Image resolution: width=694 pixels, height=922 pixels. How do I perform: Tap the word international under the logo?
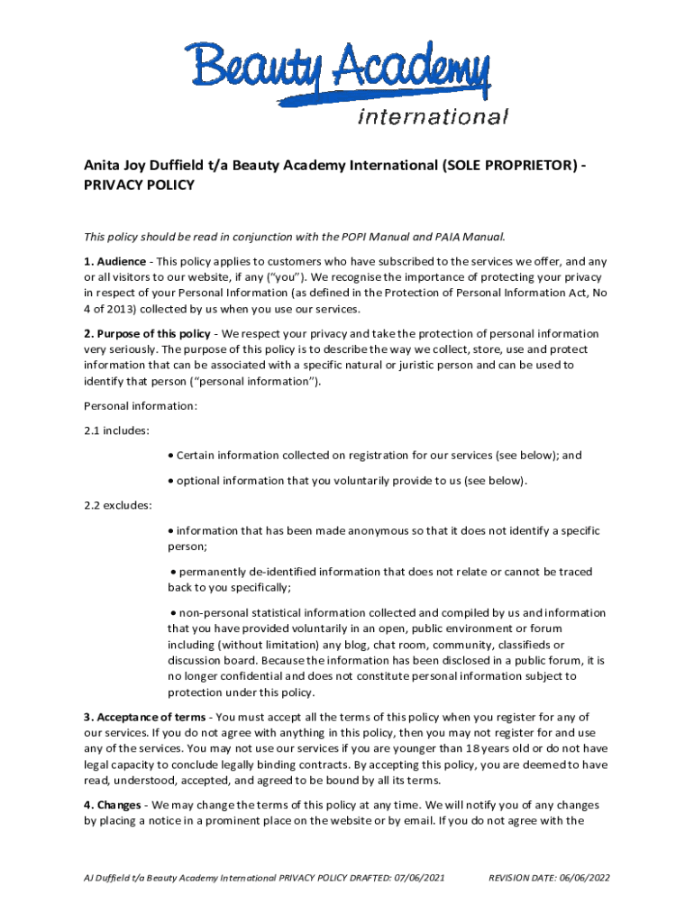(434, 116)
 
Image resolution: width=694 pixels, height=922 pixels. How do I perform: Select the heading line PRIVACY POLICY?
(139, 185)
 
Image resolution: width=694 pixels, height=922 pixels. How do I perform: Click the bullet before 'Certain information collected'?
(171, 456)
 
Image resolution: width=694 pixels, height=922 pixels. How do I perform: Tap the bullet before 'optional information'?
(171, 481)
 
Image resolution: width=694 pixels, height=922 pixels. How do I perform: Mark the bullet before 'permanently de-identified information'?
(174, 572)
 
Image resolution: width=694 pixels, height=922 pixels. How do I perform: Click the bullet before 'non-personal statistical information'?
(174, 613)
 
